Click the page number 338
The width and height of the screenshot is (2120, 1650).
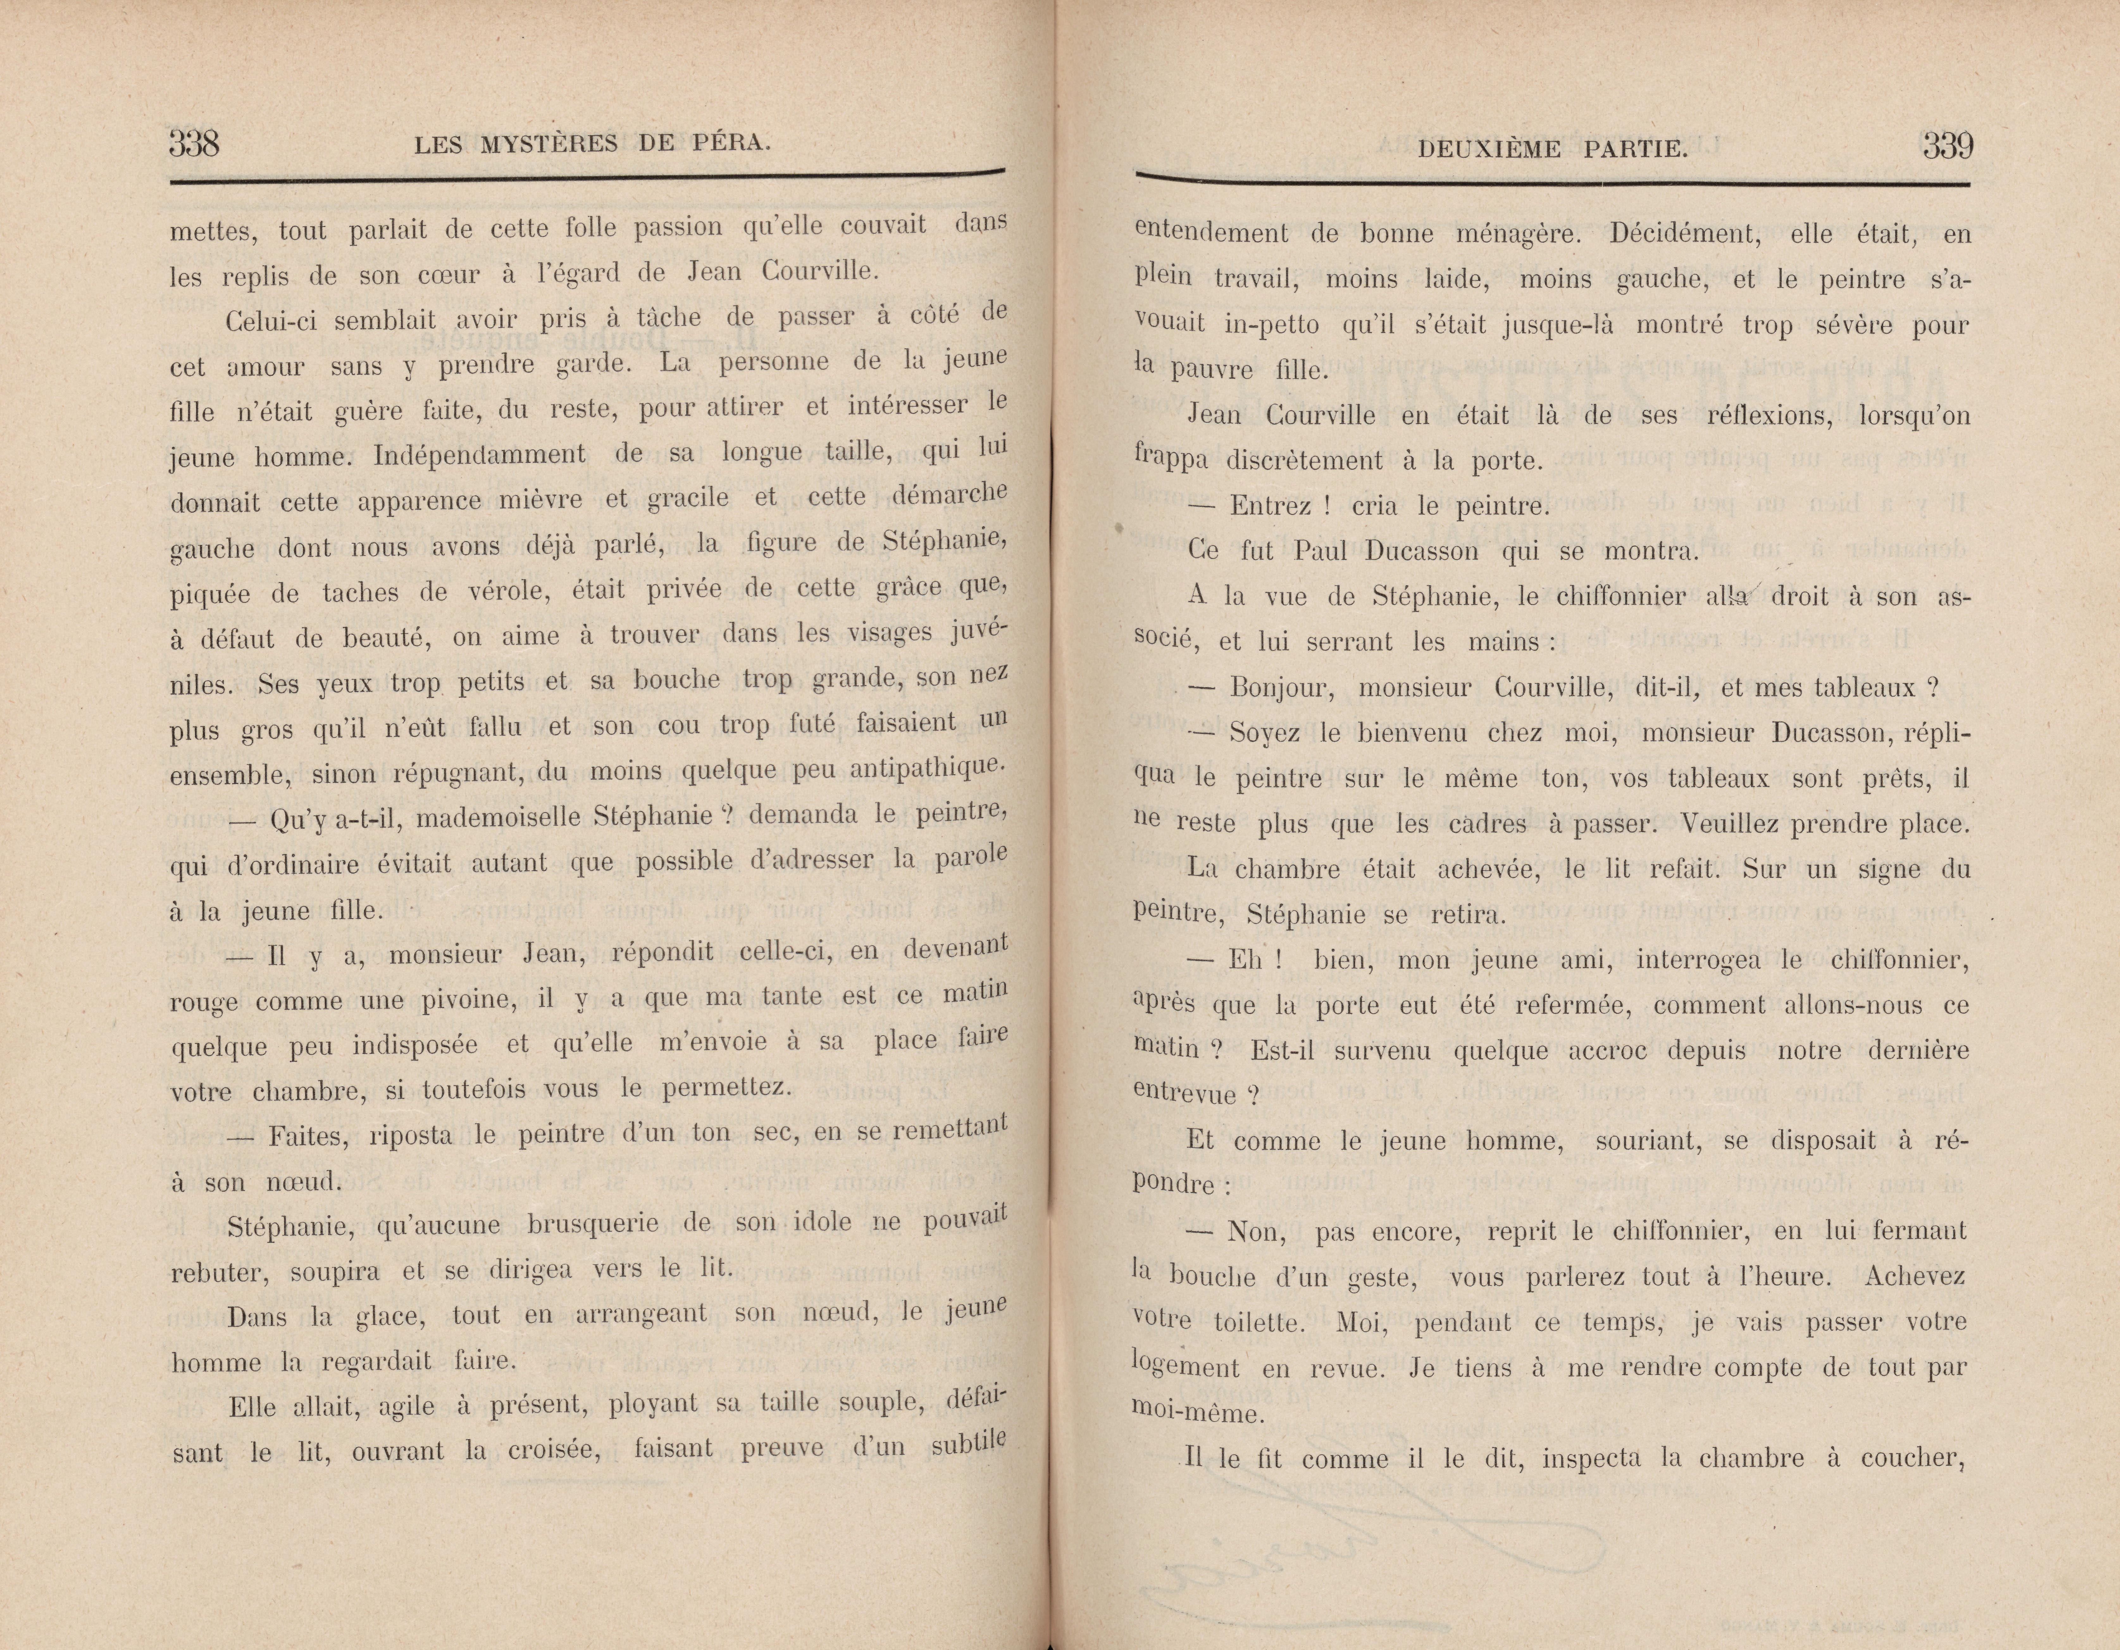click(194, 144)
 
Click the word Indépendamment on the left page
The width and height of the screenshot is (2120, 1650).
click(480, 454)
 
